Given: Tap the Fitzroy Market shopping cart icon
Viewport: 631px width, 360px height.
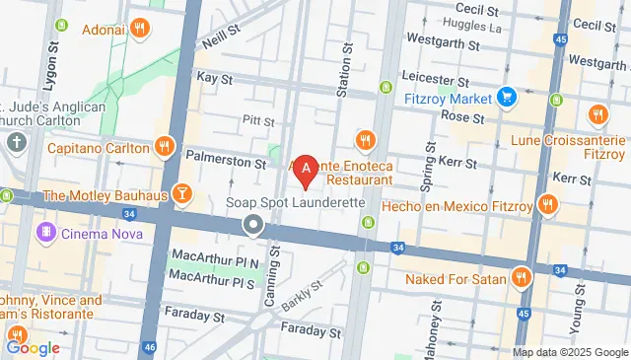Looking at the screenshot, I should pos(507,98).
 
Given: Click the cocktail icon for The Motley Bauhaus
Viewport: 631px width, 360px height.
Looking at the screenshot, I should pos(181,193).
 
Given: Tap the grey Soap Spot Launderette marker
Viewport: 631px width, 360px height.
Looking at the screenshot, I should pos(253,227).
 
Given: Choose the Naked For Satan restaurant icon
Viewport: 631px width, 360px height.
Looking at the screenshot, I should pos(522,279).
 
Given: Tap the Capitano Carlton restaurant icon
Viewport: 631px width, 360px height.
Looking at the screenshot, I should pos(165,149).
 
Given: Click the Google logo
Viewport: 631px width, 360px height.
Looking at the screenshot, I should pos(32,347).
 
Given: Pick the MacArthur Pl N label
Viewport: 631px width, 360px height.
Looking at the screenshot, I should pos(214,260).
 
